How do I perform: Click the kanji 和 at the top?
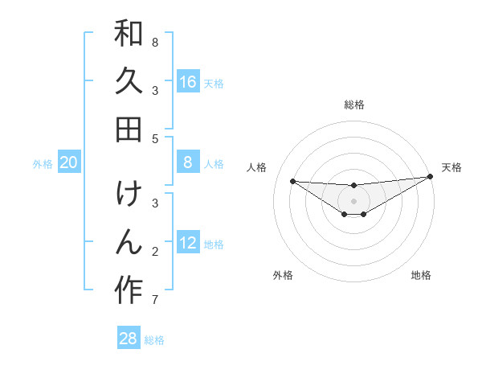[129, 35]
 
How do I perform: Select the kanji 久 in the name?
[129, 82]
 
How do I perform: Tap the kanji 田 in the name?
[129, 129]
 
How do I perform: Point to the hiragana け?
[129, 195]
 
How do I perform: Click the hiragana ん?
[129, 242]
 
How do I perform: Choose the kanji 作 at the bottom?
[129, 290]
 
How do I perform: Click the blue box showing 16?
[188, 81]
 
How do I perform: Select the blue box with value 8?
[188, 162]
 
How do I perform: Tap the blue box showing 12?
[188, 243]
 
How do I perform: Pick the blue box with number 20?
[68, 162]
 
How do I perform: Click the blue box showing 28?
[129, 338]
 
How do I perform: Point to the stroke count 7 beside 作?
[155, 301]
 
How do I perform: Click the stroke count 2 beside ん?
[155, 252]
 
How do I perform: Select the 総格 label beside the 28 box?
[154, 339]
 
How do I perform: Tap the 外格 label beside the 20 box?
[43, 164]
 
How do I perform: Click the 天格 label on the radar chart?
[451, 167]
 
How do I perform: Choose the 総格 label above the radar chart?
[354, 105]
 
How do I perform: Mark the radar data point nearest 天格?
[429, 177]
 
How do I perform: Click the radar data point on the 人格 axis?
[292, 181]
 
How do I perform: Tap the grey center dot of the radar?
[354, 201]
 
